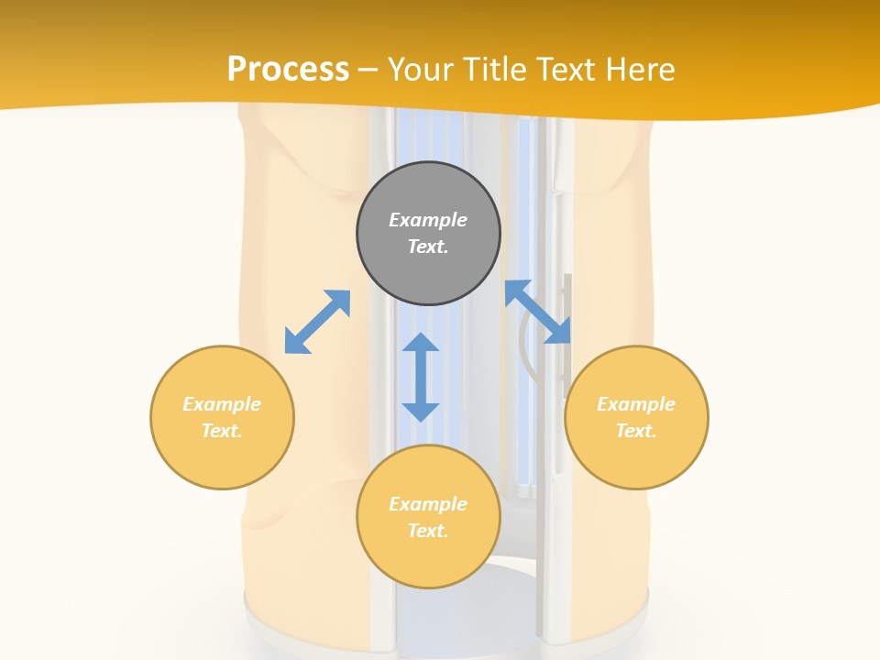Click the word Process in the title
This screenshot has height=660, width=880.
pos(288,70)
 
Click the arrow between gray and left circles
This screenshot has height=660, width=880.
pos(317,322)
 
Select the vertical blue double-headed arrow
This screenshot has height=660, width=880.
pos(421,377)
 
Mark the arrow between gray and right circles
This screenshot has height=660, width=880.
pos(538,312)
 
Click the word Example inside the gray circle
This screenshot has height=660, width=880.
pos(428,220)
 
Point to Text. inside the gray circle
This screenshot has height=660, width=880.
pos(428,247)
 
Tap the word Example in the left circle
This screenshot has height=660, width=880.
pos(222,404)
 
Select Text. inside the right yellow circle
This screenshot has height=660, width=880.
pos(636,431)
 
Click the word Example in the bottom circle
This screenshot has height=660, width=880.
pos(428,504)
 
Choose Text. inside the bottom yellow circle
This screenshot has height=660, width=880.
pos(428,531)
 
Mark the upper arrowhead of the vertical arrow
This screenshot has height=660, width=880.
pos(421,344)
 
